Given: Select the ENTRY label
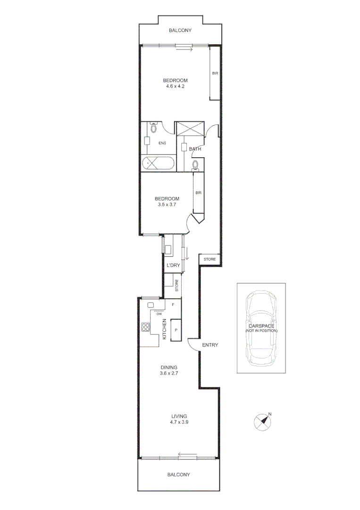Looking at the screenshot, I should (210, 345).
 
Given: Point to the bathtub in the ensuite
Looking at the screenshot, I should (158, 163).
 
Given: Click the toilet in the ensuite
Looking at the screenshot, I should (153, 128).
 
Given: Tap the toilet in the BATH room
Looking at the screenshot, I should (195, 165).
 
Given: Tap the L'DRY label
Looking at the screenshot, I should (173, 266).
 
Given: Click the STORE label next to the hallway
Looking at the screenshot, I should (209, 259).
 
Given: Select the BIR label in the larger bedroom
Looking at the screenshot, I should (215, 73).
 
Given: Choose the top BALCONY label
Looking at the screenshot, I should (181, 31).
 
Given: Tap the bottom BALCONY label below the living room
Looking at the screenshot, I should (178, 475).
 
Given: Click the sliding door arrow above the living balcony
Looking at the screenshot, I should (187, 455).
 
